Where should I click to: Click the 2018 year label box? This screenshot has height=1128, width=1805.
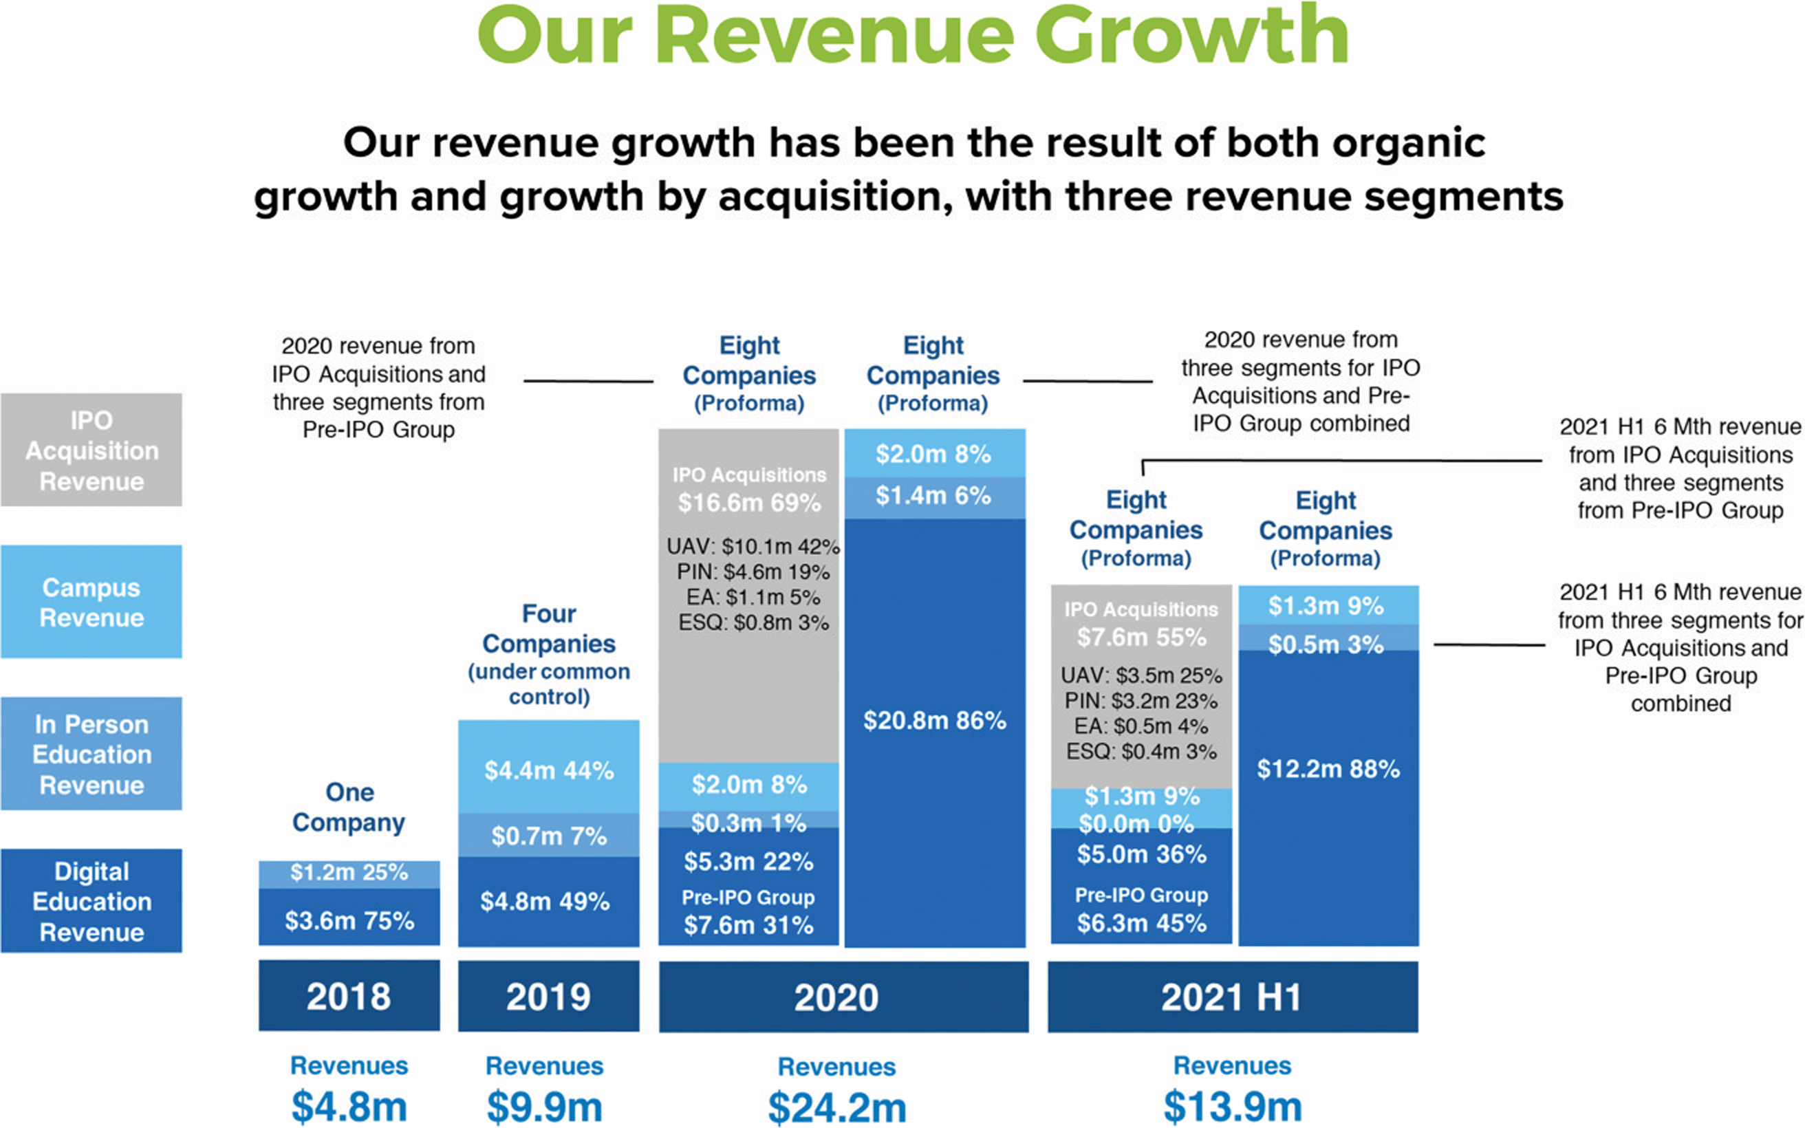pos(349,996)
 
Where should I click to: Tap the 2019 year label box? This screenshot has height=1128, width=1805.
pos(548,996)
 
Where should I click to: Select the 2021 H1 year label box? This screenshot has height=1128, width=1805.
pos(1232,997)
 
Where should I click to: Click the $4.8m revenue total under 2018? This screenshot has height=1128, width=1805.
pos(349,1107)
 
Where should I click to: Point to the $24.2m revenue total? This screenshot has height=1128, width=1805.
pos(837,1107)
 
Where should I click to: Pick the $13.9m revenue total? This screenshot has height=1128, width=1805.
pos(1232,1107)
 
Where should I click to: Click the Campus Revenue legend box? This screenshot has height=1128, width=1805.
pos(91,602)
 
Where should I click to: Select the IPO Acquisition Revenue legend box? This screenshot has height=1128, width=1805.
pos(91,450)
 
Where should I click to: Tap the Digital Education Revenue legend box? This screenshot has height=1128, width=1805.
pos(91,901)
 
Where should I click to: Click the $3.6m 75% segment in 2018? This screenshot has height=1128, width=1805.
pos(349,920)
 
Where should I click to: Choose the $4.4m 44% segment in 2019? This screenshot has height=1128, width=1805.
pos(548,770)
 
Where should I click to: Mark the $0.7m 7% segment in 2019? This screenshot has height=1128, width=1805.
pos(548,836)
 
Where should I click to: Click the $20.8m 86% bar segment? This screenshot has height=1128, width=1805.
pos(935,721)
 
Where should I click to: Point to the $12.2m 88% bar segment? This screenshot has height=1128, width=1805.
pos(1328,769)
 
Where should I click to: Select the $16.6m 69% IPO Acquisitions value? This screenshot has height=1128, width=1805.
pos(749,503)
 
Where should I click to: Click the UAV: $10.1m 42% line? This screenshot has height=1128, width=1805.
pos(753,547)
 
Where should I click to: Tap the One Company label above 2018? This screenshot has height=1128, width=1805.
pos(349,807)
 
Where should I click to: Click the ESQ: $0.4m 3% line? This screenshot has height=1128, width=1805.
pos(1141,751)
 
